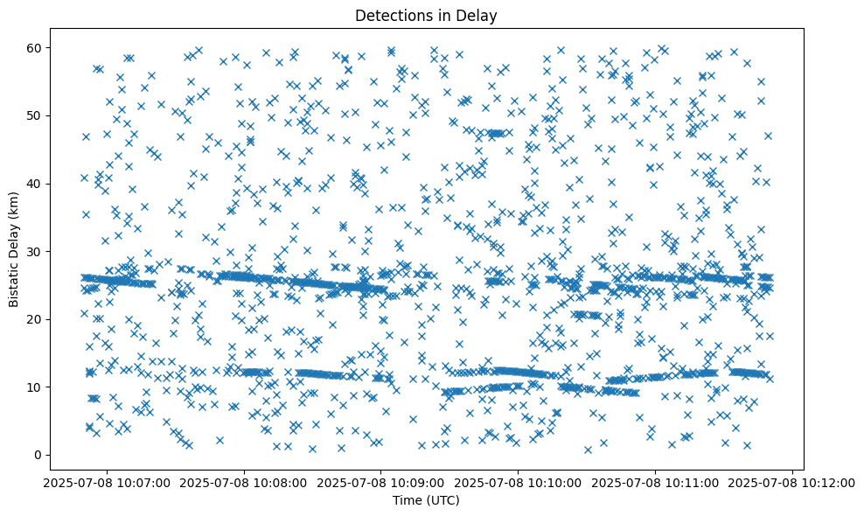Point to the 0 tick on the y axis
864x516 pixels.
pos(52,455)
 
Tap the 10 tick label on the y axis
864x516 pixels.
pos(49,387)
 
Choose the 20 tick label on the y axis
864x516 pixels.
pos(49,319)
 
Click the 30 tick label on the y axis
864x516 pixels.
pos(49,251)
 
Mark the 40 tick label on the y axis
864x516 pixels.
pos(49,184)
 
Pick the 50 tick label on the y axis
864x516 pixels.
pos(49,115)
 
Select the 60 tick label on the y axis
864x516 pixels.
pos(49,47)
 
